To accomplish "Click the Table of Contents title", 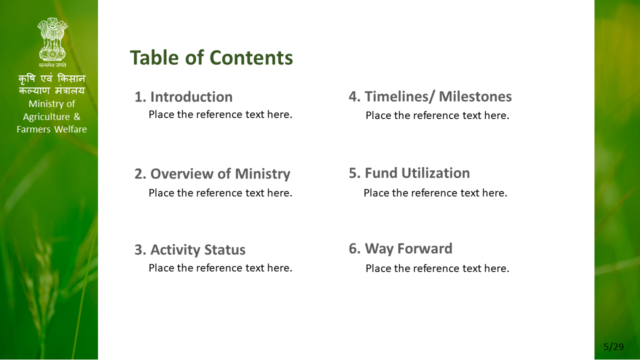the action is click(x=211, y=57).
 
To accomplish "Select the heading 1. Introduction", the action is click(x=183, y=97).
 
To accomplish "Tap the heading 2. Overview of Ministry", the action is click(x=212, y=174).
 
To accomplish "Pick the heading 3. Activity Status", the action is click(x=190, y=249).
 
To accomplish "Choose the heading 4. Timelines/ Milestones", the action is click(x=430, y=96).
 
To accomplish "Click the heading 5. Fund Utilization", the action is click(x=409, y=173).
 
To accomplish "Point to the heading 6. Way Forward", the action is click(x=400, y=248).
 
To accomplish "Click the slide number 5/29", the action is click(x=613, y=347).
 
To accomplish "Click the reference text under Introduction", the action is click(x=220, y=114).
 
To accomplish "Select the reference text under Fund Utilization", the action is click(x=435, y=193).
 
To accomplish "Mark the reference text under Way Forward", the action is click(x=437, y=268).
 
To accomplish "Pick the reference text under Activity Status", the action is click(x=220, y=268).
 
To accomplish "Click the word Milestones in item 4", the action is click(x=475, y=96).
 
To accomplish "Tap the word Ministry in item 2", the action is click(x=262, y=174).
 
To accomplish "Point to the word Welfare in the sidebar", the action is click(x=70, y=129).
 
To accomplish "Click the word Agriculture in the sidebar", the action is click(x=46, y=117).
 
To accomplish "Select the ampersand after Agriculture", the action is click(x=77, y=116).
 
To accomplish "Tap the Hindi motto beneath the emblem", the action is click(x=52, y=65).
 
